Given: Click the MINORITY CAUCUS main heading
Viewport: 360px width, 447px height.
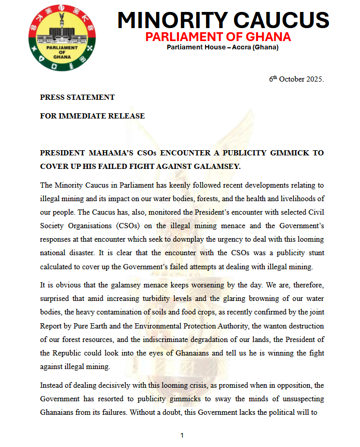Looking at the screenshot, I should pyautogui.click(x=223, y=20).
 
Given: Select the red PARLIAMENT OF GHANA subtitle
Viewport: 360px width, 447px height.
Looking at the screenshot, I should pyautogui.click(x=218, y=37).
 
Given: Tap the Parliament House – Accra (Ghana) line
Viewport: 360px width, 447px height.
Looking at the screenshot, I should pyautogui.click(x=223, y=48).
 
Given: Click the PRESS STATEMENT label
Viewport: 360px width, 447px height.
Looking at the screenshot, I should pyautogui.click(x=78, y=97).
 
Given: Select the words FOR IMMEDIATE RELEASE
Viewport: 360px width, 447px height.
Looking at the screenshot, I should pyautogui.click(x=93, y=116).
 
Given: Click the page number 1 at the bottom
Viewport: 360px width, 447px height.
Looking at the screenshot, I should pyautogui.click(x=182, y=436).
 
